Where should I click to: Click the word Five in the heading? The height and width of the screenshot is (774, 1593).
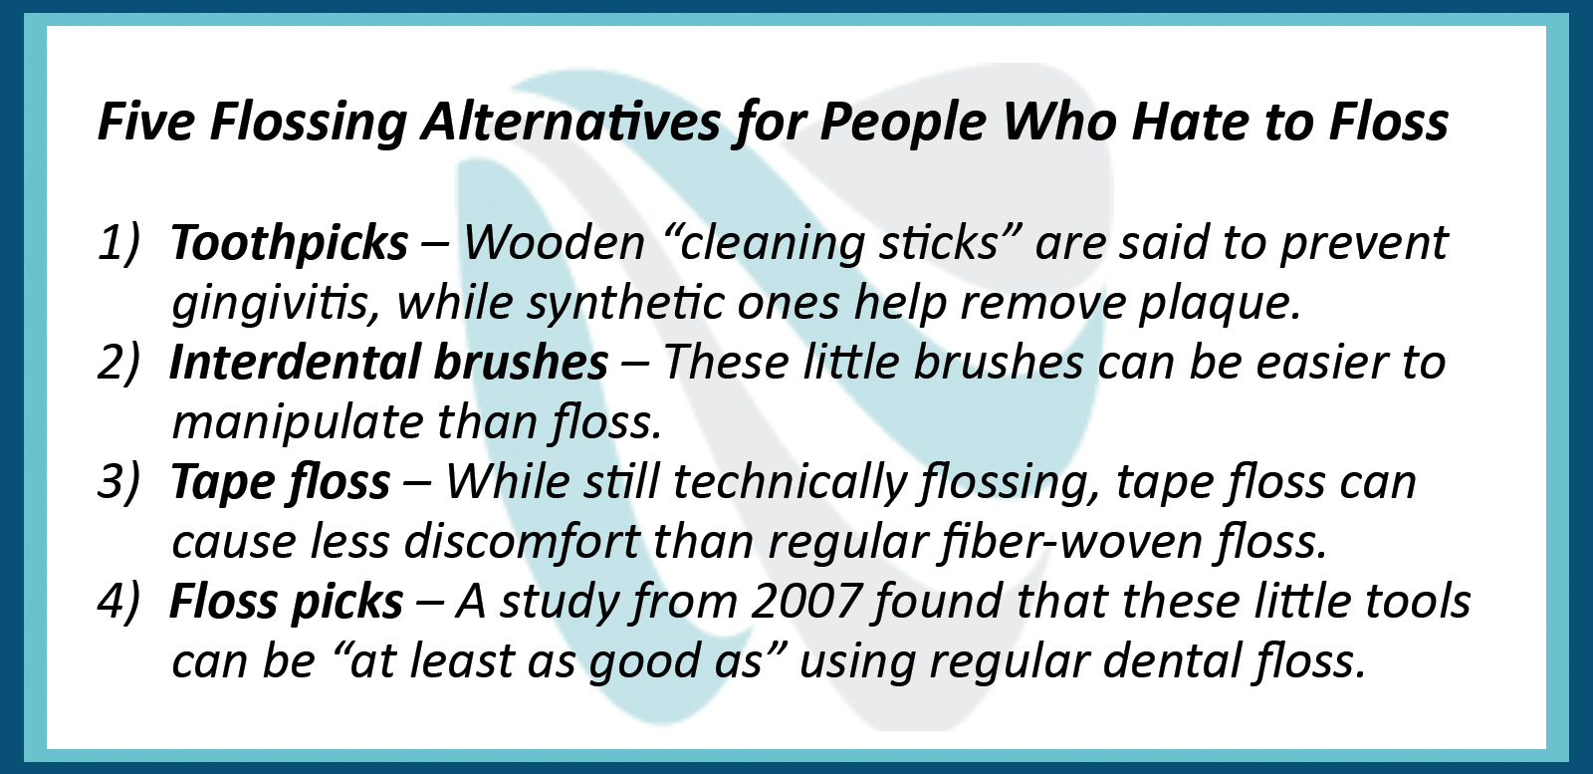[145, 121]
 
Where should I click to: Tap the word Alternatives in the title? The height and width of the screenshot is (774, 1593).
[570, 121]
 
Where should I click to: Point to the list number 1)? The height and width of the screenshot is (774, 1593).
[118, 244]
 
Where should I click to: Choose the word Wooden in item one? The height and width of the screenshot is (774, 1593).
[554, 243]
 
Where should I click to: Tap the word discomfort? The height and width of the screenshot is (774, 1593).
[523, 541]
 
